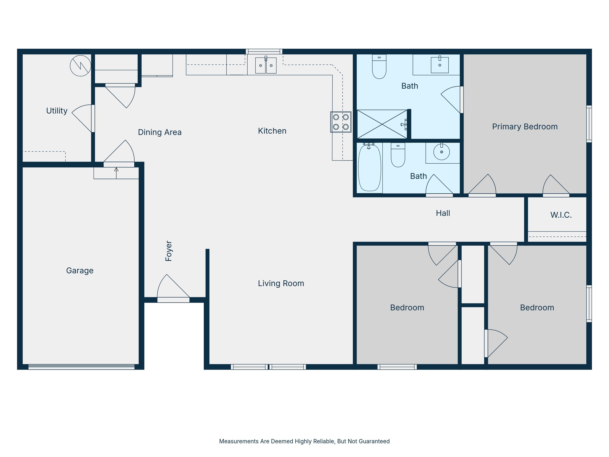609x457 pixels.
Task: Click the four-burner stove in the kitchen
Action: point(341,122)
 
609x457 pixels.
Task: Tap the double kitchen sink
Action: point(266,65)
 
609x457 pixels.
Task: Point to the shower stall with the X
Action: point(382,124)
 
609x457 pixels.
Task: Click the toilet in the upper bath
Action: point(379,66)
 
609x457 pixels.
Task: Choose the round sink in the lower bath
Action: point(442,152)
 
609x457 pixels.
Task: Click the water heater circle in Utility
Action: point(80,66)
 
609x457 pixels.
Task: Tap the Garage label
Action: point(80,271)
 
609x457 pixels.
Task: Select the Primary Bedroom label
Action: point(525,127)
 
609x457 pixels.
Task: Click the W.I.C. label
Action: point(561,215)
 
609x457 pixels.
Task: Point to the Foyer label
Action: point(169,251)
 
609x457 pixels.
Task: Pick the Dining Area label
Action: point(160,132)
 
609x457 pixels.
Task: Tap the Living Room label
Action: point(281,283)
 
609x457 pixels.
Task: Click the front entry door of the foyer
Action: point(173,300)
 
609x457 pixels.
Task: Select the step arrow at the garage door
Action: point(116,173)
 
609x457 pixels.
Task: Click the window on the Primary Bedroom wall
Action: point(589,124)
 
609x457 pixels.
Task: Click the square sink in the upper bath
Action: point(440,65)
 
